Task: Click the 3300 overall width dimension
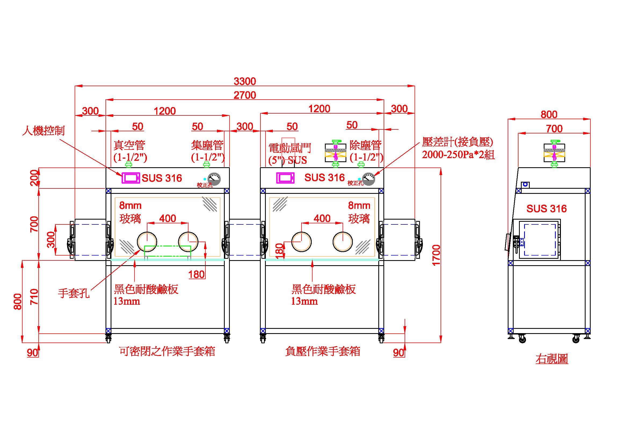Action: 245,81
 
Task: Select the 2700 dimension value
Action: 245,95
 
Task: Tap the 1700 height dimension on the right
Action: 436,255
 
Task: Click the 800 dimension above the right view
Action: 549,114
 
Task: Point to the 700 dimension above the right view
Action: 554,129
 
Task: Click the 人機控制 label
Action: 43,130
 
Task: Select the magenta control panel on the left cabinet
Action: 131,178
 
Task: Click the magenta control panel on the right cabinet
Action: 285,178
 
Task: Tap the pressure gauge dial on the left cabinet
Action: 214,179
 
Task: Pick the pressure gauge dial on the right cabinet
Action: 368,179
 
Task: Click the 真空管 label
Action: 129,145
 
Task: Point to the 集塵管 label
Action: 207,145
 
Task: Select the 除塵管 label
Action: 365,145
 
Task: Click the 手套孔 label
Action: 74,293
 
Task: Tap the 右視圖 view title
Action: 552,359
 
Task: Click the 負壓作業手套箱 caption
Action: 322,351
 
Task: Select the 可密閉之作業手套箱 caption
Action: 167,351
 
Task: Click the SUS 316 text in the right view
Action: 546,209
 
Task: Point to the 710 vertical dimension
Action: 34,297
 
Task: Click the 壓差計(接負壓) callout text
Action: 457,142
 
